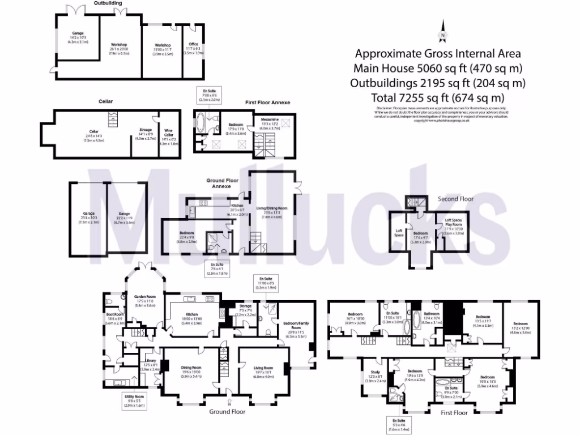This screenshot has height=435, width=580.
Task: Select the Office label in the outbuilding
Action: [193, 49]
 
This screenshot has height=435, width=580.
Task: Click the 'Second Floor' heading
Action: [455, 199]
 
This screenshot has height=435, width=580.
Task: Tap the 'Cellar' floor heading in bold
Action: [105, 101]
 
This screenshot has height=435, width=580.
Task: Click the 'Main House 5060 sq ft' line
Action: [437, 68]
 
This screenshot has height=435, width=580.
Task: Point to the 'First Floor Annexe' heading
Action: [267, 103]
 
